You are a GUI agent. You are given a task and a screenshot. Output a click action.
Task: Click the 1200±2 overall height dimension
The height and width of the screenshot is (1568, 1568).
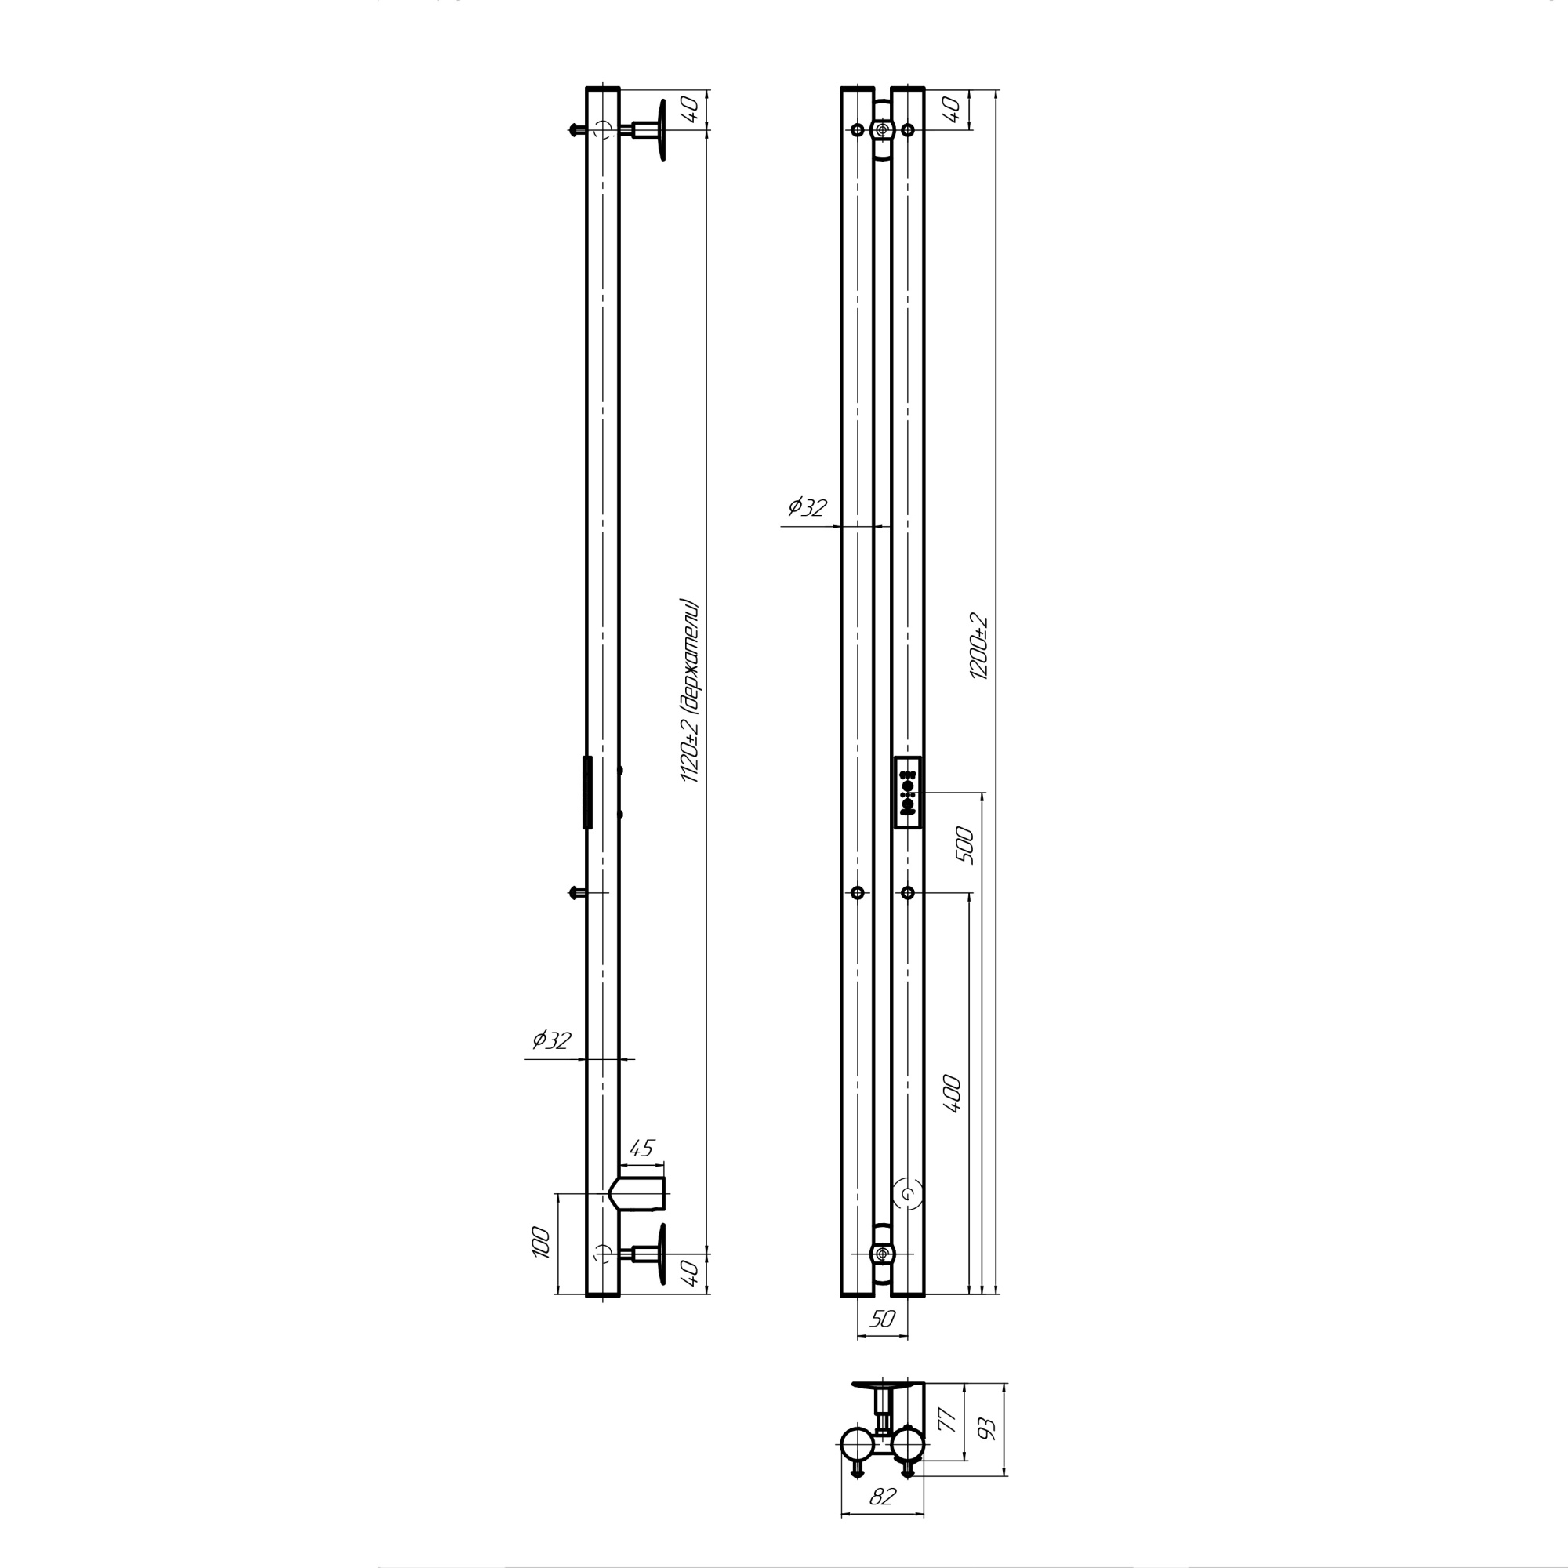click(979, 647)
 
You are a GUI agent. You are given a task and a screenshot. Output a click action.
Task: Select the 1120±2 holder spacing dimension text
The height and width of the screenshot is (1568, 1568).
click(689, 691)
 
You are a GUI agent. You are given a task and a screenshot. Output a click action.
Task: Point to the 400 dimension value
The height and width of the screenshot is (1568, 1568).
click(952, 1094)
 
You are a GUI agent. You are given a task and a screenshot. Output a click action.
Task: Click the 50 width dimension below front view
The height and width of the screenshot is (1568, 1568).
click(881, 1319)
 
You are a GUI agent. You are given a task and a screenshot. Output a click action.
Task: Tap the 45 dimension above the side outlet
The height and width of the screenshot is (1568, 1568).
click(641, 1149)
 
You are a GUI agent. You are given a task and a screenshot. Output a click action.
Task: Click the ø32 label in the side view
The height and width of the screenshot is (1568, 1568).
click(552, 1041)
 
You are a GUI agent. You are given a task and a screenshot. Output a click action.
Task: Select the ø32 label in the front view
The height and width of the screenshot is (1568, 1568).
click(807, 507)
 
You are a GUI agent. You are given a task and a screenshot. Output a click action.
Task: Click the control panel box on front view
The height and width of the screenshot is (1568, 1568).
click(907, 793)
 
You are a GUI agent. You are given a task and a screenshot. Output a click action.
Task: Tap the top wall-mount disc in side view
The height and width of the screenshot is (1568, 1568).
click(662, 130)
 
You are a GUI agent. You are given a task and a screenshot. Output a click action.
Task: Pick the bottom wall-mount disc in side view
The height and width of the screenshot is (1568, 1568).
click(662, 1254)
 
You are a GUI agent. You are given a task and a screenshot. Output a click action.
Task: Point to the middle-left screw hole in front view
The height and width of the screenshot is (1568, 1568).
click(857, 893)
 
